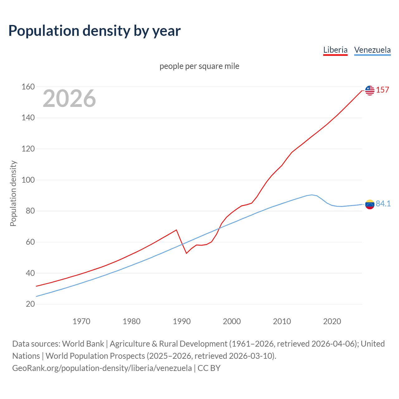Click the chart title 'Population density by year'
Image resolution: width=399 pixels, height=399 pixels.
[x=94, y=31]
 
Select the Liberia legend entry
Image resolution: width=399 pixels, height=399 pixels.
[x=335, y=50]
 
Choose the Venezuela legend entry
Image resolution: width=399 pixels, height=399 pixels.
[x=372, y=50]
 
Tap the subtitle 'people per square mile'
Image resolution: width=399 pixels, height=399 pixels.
[x=199, y=66]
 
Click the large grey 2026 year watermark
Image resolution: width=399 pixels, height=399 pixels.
[x=69, y=99]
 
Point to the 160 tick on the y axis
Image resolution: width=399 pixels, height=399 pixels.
[x=28, y=87]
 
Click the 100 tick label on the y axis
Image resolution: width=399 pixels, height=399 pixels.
[x=28, y=180]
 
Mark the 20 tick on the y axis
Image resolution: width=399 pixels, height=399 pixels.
[x=30, y=304]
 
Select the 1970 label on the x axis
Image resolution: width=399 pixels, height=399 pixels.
[x=81, y=321]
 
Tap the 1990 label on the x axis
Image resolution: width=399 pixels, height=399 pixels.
[x=182, y=321]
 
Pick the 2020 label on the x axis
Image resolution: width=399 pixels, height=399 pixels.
[x=332, y=321]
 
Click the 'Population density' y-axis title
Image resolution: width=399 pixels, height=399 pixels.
[x=13, y=193]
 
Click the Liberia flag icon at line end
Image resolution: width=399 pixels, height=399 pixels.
[x=370, y=90]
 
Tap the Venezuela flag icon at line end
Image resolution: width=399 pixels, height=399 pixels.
[x=370, y=204]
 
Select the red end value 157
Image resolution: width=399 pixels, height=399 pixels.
[x=382, y=90]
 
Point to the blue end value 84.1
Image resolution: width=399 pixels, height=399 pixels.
[x=383, y=204]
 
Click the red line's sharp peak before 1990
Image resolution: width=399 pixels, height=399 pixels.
[x=176, y=230]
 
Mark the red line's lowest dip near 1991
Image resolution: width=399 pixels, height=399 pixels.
[x=186, y=253]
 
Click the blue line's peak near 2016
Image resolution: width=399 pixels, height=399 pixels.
[x=312, y=195]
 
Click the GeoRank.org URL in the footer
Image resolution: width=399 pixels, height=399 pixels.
[x=102, y=368]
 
